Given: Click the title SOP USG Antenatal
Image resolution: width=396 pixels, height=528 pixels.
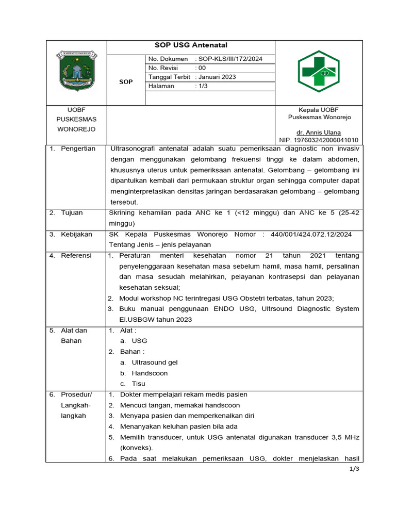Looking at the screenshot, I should coord(191,45).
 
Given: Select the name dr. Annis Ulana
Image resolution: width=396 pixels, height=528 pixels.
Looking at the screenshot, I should coord(319,133).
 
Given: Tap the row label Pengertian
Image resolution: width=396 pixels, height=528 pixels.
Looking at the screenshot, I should coord(78,148).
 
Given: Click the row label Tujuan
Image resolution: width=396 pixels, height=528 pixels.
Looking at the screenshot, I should coord(72,212).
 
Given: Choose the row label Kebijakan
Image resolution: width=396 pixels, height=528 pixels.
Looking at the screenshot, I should coord(76,234).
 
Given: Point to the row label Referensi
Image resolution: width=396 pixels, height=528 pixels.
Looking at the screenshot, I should coord(76,255).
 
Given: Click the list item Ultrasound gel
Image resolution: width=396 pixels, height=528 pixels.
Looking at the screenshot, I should coord(155,362).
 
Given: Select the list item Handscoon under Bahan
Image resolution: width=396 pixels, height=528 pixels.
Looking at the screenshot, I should coord(150,373).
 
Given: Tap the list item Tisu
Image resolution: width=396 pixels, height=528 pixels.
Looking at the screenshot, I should coord(139,384).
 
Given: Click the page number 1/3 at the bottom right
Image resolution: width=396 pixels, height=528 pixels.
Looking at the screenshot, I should coord(354,469).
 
